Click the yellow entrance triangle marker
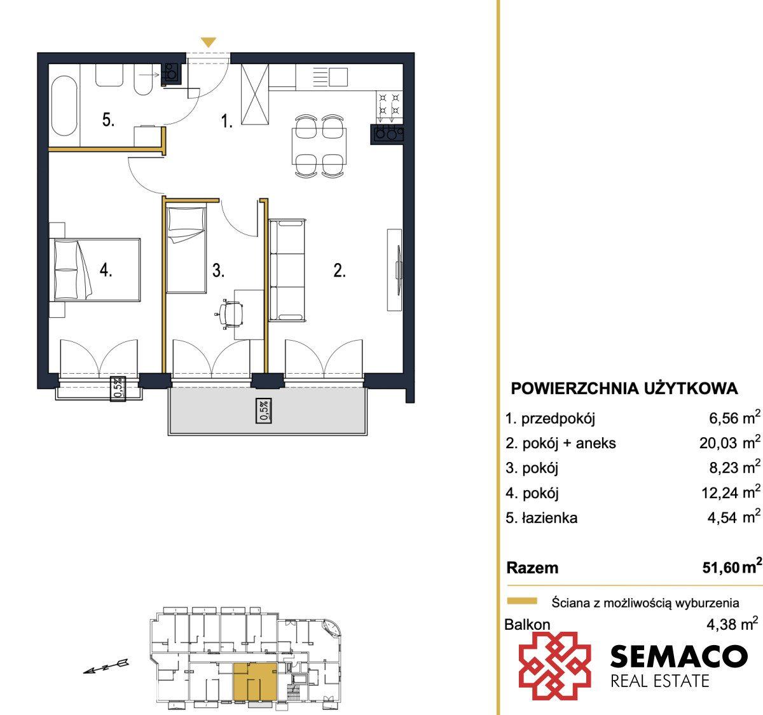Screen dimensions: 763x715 [x=209, y=42]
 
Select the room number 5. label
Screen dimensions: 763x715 [x=108, y=120]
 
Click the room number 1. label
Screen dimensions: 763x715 [x=226, y=121]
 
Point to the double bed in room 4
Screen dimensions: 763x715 [x=95, y=269]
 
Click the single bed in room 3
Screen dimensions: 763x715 [x=187, y=249]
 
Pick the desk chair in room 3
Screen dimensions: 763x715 [x=230, y=314]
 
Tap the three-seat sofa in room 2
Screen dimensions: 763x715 [x=287, y=269]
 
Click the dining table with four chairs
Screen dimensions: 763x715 [x=319, y=146]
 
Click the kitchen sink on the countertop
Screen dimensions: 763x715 [x=338, y=77]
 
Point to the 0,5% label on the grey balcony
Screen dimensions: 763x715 [x=264, y=411]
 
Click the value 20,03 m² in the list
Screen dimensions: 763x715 [x=729, y=442]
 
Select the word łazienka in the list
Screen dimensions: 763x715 [x=549, y=518]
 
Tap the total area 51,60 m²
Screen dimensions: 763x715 [x=732, y=567]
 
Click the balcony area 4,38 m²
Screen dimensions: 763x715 [x=733, y=624]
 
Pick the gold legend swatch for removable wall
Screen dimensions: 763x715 [x=522, y=601]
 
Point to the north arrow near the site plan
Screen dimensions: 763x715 [x=106, y=667]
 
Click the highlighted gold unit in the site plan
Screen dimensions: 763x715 [x=255, y=681]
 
